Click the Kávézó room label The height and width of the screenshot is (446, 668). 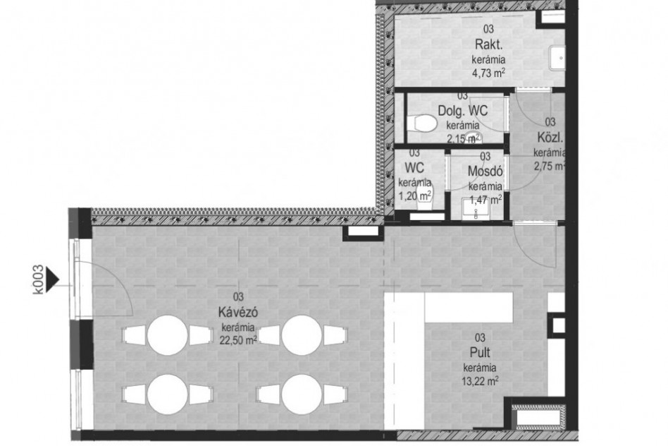point(237,313)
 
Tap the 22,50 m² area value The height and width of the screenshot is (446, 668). point(238,340)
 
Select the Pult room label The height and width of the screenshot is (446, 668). point(480,353)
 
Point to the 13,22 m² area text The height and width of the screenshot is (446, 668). point(480,380)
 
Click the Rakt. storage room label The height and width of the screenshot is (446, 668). point(488,44)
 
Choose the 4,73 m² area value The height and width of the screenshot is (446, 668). point(488,72)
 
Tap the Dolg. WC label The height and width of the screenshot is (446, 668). point(463,111)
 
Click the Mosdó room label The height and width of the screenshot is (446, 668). point(485,171)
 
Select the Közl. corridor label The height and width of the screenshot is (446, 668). point(550,138)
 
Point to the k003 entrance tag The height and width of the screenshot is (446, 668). point(38,279)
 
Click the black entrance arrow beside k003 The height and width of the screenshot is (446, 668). point(51,279)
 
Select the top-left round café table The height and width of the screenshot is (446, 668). point(168,335)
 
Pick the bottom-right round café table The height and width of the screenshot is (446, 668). point(302,394)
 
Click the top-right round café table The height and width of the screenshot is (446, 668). point(302,335)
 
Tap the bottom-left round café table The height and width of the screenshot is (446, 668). point(168,394)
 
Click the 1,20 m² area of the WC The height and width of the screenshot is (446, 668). point(415,196)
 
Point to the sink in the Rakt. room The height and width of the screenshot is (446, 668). point(557,58)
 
